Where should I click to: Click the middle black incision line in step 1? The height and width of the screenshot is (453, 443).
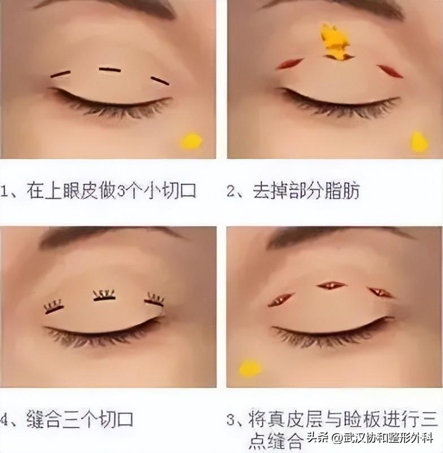coord(110,69)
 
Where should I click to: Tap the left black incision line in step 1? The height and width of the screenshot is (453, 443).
coord(60,74)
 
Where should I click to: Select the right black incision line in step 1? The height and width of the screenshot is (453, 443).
coord(160,81)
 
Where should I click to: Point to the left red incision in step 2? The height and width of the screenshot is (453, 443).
coord(290,64)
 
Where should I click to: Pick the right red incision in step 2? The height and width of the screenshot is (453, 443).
coord(390,71)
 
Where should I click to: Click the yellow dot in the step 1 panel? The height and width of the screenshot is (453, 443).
coord(191,141)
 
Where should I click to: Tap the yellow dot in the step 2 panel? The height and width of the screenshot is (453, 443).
coord(419,142)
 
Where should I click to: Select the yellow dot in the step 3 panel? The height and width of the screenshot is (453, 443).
coord(250,369)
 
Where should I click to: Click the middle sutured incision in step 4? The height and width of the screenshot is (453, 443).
coord(105,295)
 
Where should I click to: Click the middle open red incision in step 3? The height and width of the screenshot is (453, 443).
coord(331,286)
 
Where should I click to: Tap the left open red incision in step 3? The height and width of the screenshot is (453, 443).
coord(281,299)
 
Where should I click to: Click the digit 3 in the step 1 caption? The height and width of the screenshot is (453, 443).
coord(121,191)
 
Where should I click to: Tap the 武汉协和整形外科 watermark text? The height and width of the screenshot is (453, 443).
coord(388,438)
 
